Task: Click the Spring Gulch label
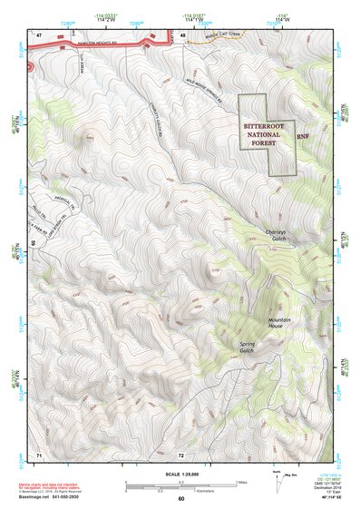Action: [x=248, y=348]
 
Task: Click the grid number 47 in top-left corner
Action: [x=39, y=34]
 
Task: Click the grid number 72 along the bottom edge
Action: [x=180, y=453]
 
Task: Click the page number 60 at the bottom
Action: [x=180, y=499]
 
